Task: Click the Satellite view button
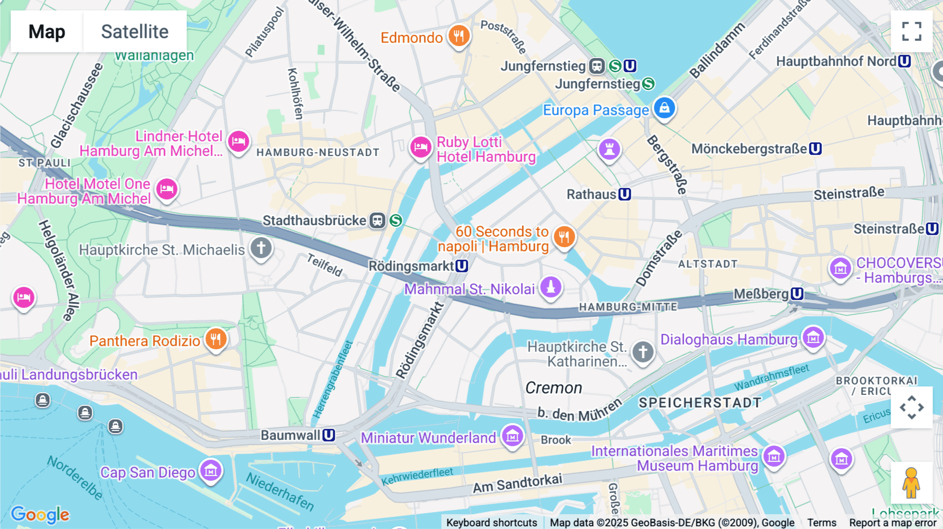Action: click(x=135, y=31)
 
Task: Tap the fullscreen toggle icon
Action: click(x=912, y=31)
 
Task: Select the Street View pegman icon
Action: click(x=911, y=482)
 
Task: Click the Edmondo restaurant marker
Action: click(x=459, y=36)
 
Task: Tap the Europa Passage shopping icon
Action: click(x=664, y=108)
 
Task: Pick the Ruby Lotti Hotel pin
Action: click(x=421, y=147)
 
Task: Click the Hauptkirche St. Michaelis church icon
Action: click(x=261, y=248)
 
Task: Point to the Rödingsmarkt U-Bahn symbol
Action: click(x=462, y=266)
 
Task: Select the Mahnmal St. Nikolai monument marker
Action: click(x=551, y=287)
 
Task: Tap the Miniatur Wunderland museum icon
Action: click(x=512, y=436)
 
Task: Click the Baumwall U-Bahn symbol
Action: click(x=328, y=435)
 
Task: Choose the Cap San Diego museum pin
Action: click(x=211, y=471)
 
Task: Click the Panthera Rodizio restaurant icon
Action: click(x=216, y=339)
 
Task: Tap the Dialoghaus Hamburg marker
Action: click(x=813, y=337)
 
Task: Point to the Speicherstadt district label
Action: click(x=700, y=403)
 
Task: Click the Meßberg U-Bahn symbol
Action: click(x=797, y=294)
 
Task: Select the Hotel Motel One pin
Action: click(x=167, y=189)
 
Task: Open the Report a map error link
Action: click(x=893, y=523)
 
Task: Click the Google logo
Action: click(x=40, y=514)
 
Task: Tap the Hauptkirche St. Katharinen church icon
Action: click(x=643, y=351)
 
